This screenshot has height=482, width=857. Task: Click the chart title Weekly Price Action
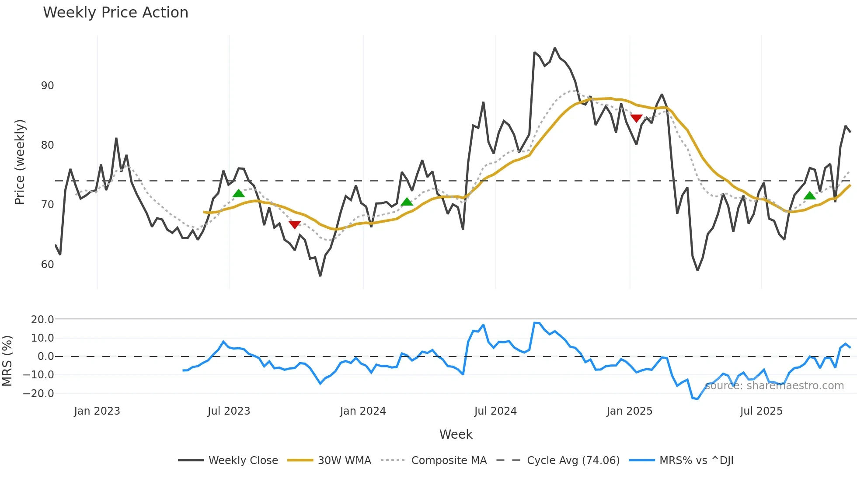click(115, 13)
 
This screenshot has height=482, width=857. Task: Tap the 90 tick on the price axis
click(47, 86)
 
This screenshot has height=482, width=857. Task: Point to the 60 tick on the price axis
click(47, 265)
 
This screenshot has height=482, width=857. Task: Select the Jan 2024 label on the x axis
click(362, 411)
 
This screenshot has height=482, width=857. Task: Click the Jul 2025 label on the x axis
click(761, 411)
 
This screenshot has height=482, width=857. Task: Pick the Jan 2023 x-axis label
click(97, 411)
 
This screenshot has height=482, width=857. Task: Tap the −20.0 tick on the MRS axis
click(38, 394)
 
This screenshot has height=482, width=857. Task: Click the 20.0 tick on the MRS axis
click(42, 320)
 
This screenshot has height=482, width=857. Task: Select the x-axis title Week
click(456, 434)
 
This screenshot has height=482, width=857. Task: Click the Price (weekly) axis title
click(20, 162)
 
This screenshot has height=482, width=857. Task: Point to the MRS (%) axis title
click(7, 361)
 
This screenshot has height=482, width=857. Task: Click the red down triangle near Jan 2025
click(636, 118)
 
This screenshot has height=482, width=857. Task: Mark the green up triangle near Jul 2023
click(238, 193)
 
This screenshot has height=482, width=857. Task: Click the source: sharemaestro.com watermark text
click(774, 386)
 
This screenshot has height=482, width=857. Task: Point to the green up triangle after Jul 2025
click(810, 196)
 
